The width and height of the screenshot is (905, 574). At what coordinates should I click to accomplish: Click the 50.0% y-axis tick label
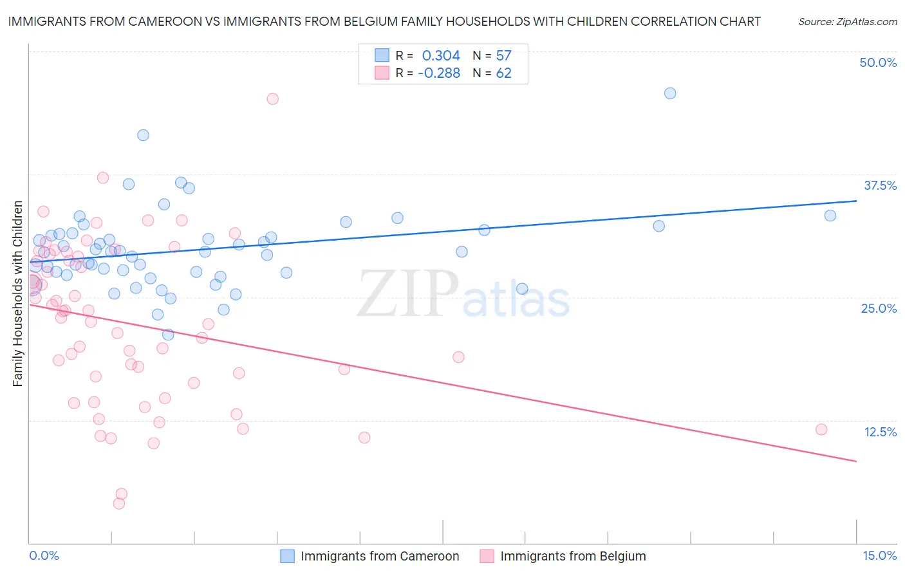(878, 62)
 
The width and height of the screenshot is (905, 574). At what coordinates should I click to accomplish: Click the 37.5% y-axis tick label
(880, 185)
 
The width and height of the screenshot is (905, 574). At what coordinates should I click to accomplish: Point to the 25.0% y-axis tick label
(879, 308)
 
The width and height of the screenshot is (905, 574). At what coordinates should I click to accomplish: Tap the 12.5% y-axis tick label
(880, 432)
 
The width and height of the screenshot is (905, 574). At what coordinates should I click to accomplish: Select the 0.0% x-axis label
(44, 555)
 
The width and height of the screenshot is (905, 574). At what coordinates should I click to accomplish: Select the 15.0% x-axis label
(879, 555)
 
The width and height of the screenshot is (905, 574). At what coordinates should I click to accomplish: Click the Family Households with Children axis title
(17, 293)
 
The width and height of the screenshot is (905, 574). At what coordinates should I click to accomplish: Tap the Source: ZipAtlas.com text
(847, 21)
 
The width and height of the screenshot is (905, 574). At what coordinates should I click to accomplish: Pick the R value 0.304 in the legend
(441, 56)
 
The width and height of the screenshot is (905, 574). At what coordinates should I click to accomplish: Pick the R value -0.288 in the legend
(439, 73)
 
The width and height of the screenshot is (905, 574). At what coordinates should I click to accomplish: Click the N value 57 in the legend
(503, 56)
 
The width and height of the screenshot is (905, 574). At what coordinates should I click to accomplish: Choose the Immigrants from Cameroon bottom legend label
(380, 556)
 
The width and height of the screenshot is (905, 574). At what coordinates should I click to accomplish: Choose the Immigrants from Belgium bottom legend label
(573, 556)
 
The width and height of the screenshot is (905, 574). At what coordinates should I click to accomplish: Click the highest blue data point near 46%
(670, 93)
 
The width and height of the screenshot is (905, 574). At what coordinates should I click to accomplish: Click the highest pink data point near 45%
(272, 98)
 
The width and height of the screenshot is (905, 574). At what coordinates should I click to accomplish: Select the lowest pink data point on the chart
(119, 503)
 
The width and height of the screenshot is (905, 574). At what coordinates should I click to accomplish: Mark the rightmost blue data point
(830, 216)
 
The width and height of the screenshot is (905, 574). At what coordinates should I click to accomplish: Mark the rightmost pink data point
(821, 429)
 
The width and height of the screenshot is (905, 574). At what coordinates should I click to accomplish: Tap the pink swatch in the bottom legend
(487, 556)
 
